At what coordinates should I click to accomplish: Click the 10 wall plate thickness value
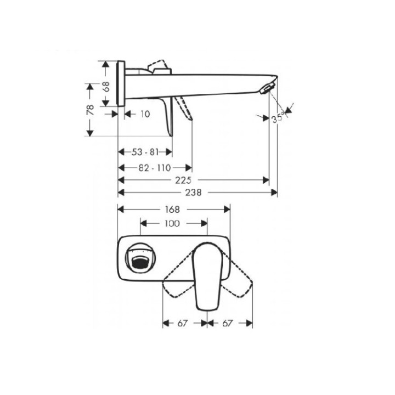pyautogui.click(x=145, y=114)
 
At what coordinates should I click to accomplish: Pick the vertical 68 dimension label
pyautogui.click(x=106, y=87)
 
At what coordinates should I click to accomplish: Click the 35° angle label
pyautogui.click(x=279, y=119)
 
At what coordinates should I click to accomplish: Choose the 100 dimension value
pyautogui.click(x=172, y=223)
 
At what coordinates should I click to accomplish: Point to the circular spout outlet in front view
pyautogui.click(x=140, y=258)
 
